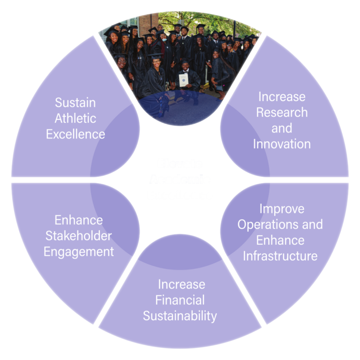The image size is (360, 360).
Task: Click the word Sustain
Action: tap(75, 102)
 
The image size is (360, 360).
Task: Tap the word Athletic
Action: tap(75, 118)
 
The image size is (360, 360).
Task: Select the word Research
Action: tap(282, 112)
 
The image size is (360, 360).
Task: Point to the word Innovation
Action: tap(282, 144)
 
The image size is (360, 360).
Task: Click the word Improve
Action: tap(282, 209)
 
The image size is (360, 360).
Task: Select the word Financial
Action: tap(180, 300)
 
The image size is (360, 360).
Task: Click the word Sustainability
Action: tap(180, 316)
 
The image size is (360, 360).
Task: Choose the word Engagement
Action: tap(79, 252)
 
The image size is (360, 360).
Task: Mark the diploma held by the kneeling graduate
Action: tap(183, 80)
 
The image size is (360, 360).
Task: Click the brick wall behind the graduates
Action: tap(149, 21)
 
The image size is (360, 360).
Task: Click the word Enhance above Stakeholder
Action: tap(79, 220)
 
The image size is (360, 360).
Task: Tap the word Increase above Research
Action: tap(282, 97)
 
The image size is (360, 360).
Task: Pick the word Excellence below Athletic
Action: tap(75, 134)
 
